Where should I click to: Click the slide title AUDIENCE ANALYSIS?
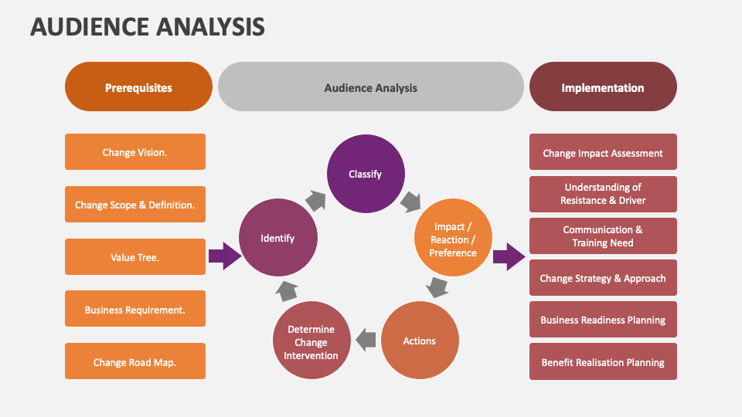pos(147,27)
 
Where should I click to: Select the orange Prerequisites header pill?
pos(138,87)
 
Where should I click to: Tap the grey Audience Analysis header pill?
pos(370,87)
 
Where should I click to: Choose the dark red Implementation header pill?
pos(602,87)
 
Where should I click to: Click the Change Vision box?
pos(134,152)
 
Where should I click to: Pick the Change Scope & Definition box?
pos(134,205)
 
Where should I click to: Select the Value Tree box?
pos(134,257)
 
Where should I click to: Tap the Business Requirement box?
pos(134,310)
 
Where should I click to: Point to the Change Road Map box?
pos(134,361)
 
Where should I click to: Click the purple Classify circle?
pos(365,175)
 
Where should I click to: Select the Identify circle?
pos(277,239)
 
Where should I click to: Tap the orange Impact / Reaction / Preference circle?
pos(453,239)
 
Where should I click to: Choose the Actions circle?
pos(420,341)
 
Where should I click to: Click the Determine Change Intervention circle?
pos(311,342)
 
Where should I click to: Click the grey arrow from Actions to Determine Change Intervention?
pos(366,339)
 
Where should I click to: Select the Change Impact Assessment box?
pos(603,153)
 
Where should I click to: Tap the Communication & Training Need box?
pos(603,236)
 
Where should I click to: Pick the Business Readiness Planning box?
pos(603,320)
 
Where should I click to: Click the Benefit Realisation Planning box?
pos(603,361)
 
